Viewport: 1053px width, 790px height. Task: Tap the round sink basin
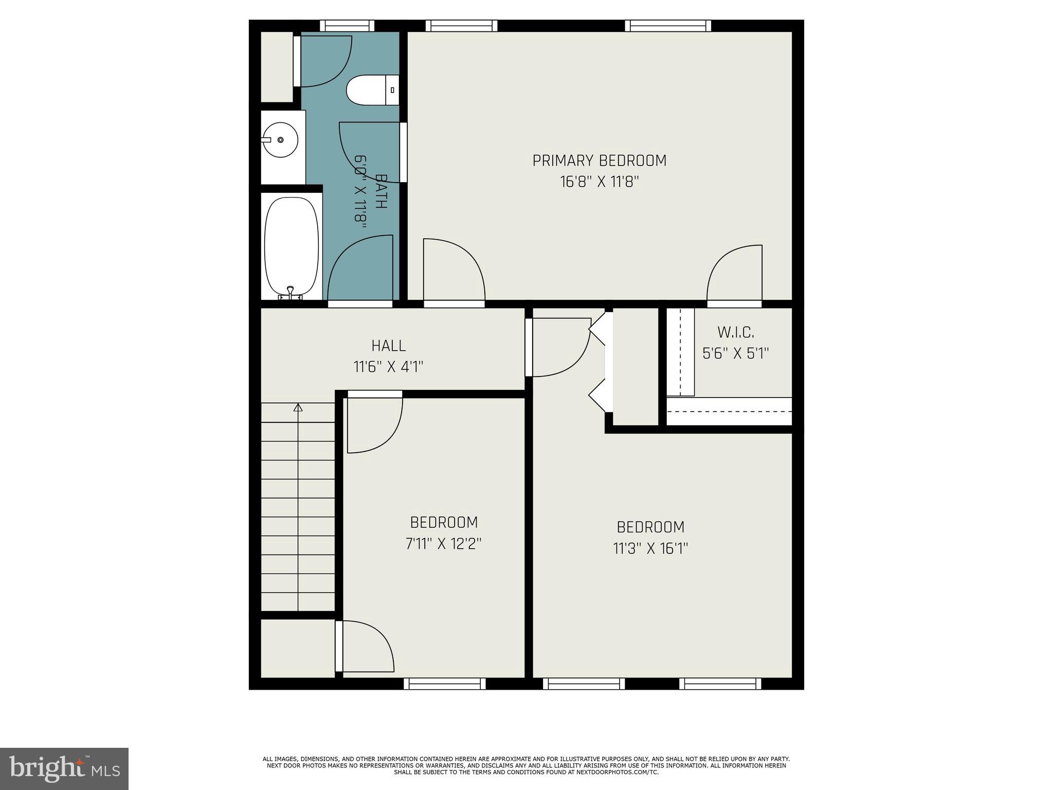[x=280, y=140]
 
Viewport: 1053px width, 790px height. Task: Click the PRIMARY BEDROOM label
[x=599, y=161]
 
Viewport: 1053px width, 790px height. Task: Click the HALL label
[x=389, y=345]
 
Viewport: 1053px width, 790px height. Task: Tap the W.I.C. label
[x=736, y=332]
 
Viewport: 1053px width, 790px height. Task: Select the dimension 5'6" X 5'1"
[x=735, y=353]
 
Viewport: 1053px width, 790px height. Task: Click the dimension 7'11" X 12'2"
[x=444, y=544]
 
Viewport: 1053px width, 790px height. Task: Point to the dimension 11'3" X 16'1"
[x=650, y=548]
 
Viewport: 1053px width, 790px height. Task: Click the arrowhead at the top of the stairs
[x=298, y=407]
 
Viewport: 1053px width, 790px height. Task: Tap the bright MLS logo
[x=64, y=768]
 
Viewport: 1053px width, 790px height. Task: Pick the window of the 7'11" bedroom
[x=445, y=684]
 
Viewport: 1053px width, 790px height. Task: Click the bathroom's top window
[x=347, y=26]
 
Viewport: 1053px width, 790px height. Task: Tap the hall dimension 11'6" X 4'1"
[x=389, y=367]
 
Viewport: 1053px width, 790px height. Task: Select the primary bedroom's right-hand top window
[x=668, y=26]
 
